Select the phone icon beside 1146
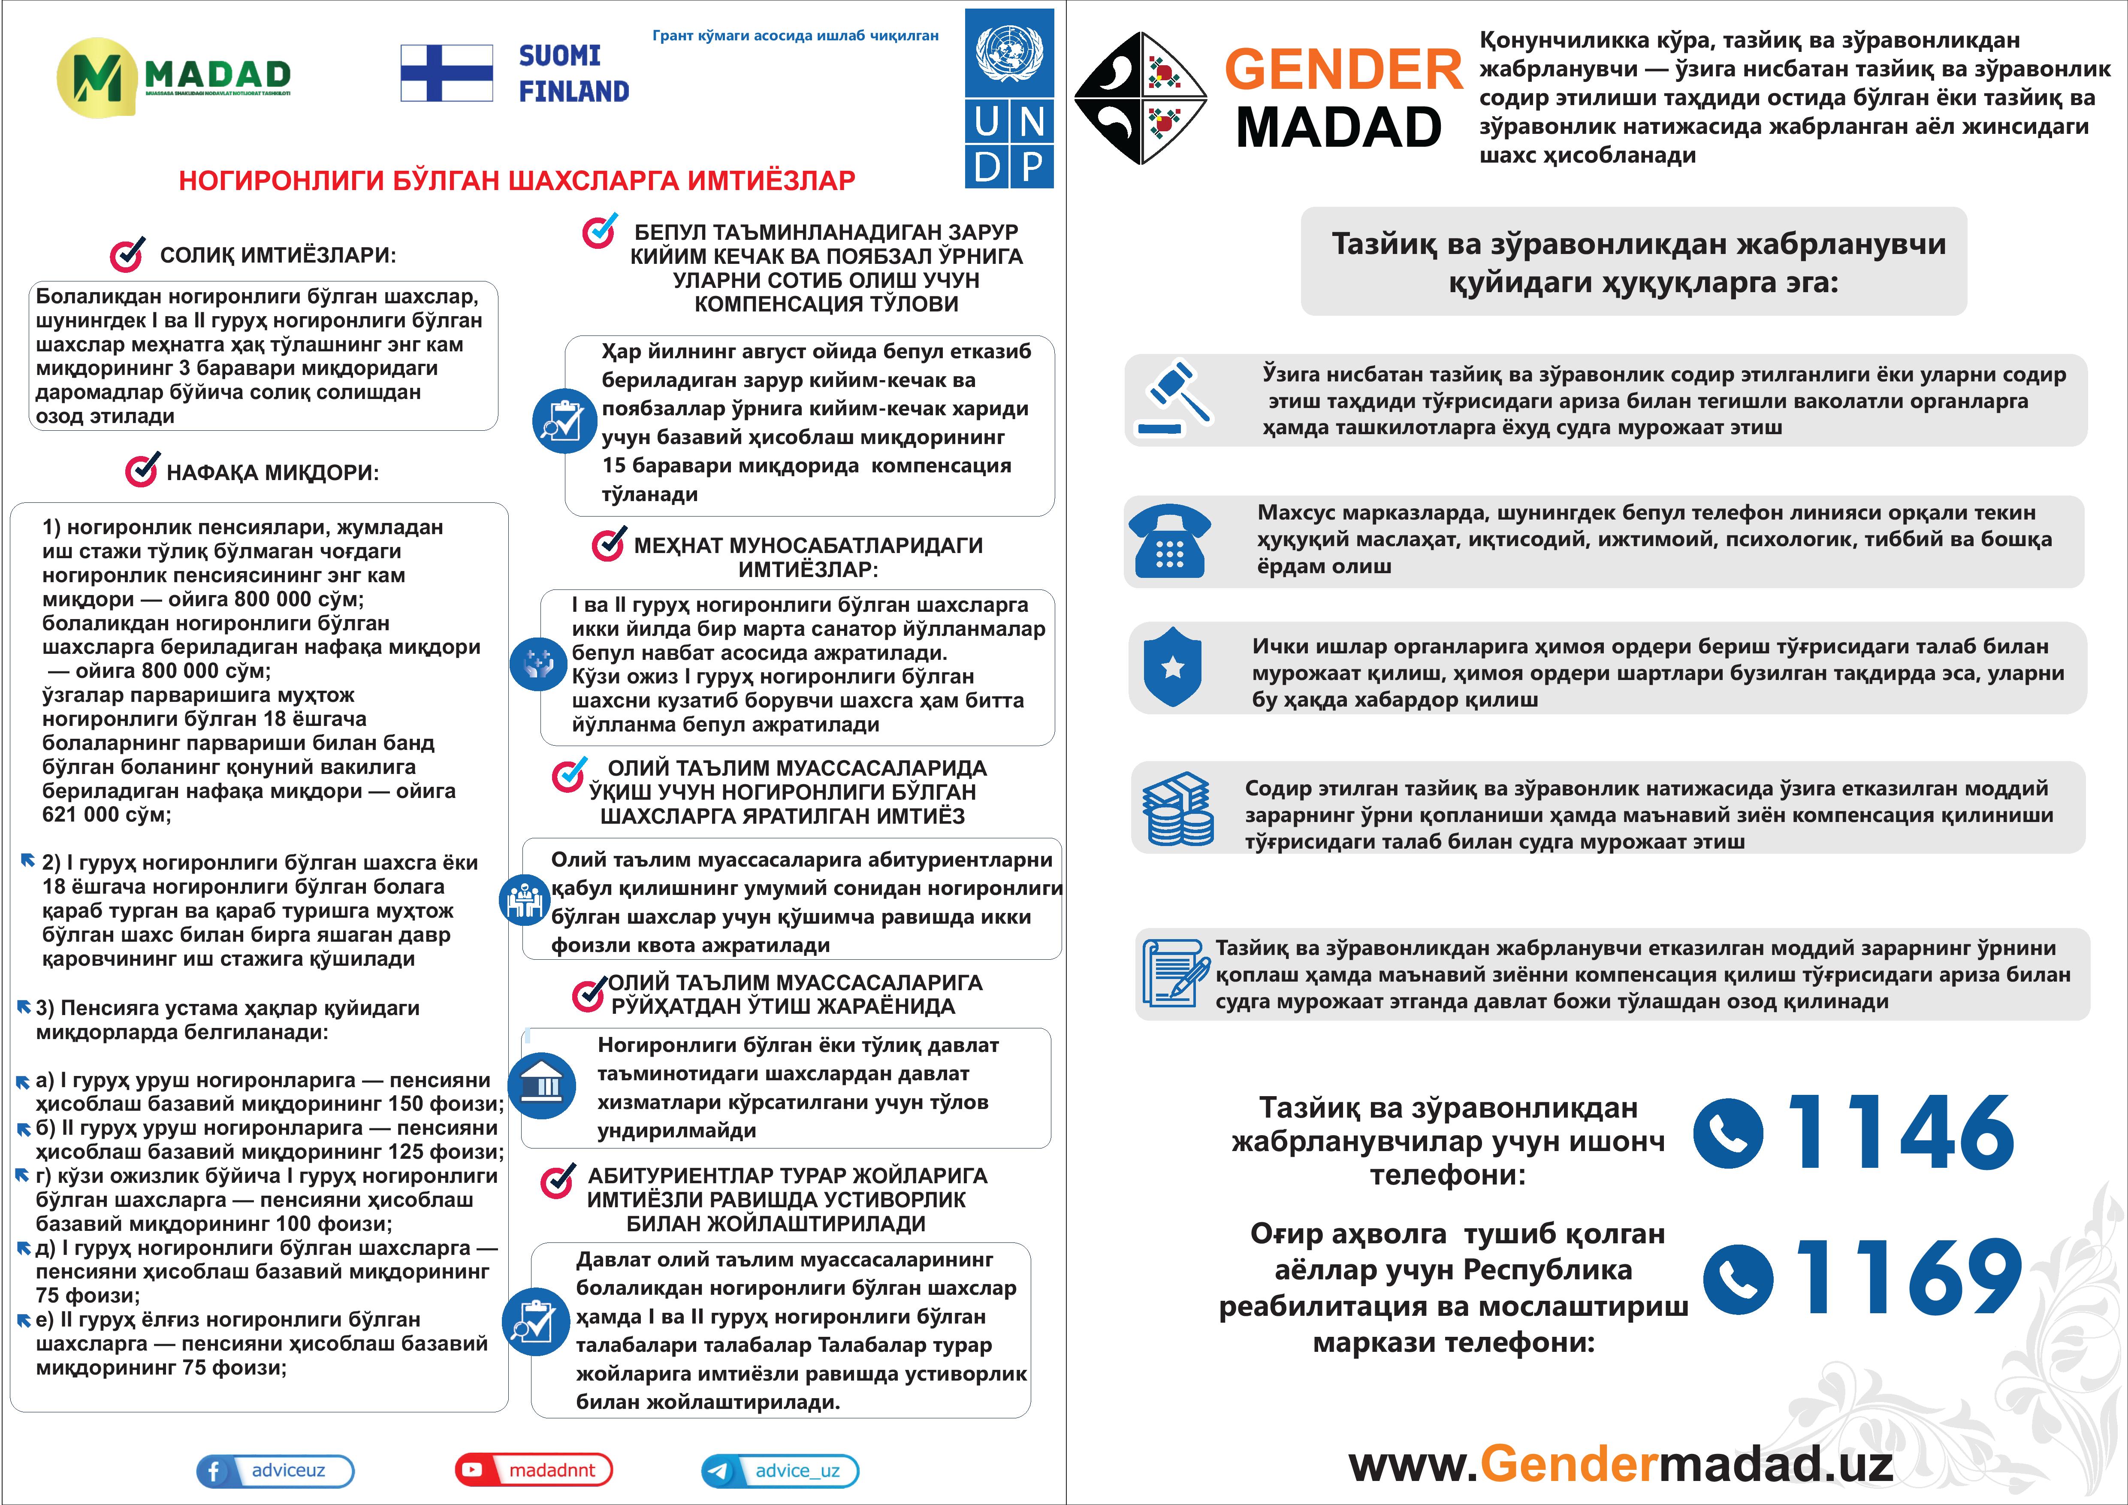(x=1728, y=1133)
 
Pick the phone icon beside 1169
(x=1738, y=1279)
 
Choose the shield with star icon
(x=1172, y=667)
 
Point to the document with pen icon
(x=1175, y=973)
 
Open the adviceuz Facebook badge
(x=275, y=1471)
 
